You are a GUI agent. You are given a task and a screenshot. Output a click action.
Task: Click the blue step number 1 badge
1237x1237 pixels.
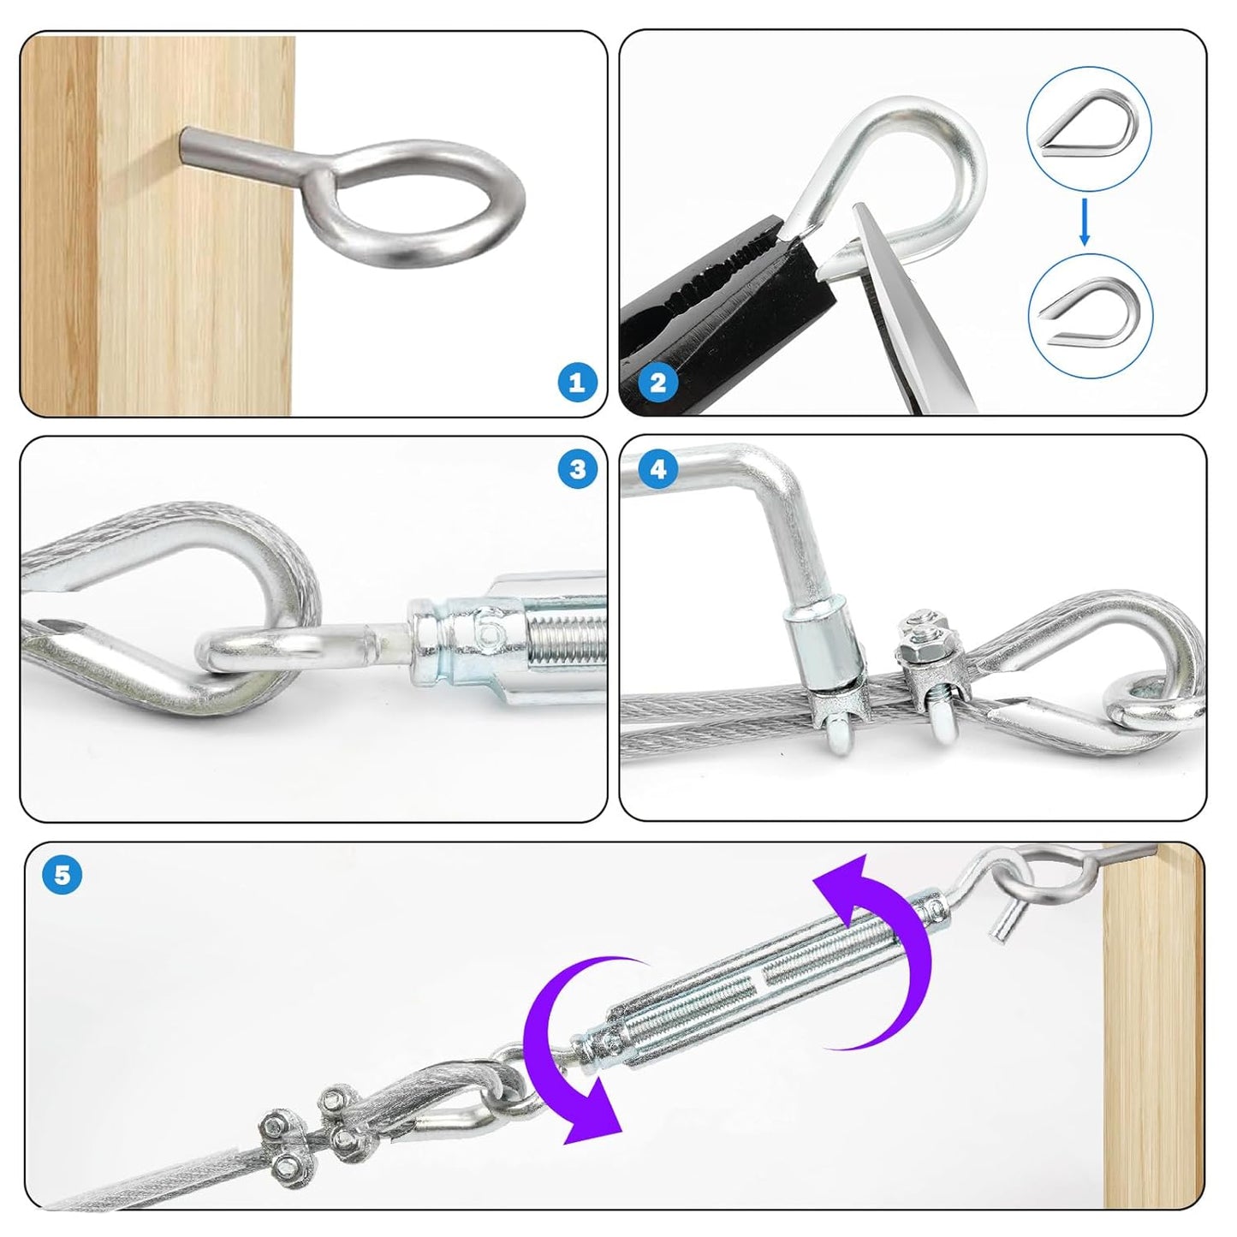577,382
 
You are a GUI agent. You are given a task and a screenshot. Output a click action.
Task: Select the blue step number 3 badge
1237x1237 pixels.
577,469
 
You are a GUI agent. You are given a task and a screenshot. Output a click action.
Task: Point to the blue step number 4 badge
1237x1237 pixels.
657,469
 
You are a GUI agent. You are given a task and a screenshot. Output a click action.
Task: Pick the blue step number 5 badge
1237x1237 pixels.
62,875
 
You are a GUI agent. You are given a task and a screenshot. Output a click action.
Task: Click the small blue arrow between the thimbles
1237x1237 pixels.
1085,221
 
